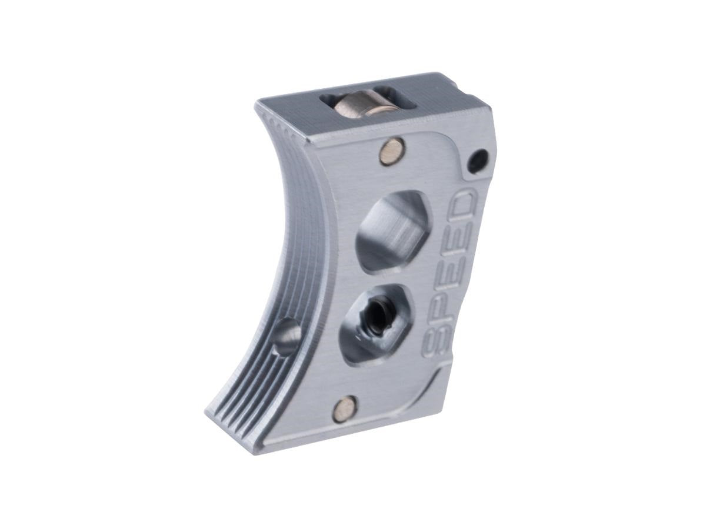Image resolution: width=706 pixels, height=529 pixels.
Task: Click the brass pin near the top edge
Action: point(391,149)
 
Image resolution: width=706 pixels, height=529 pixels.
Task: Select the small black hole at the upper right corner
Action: point(479,156)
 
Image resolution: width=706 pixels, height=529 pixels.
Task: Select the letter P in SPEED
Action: point(443,313)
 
